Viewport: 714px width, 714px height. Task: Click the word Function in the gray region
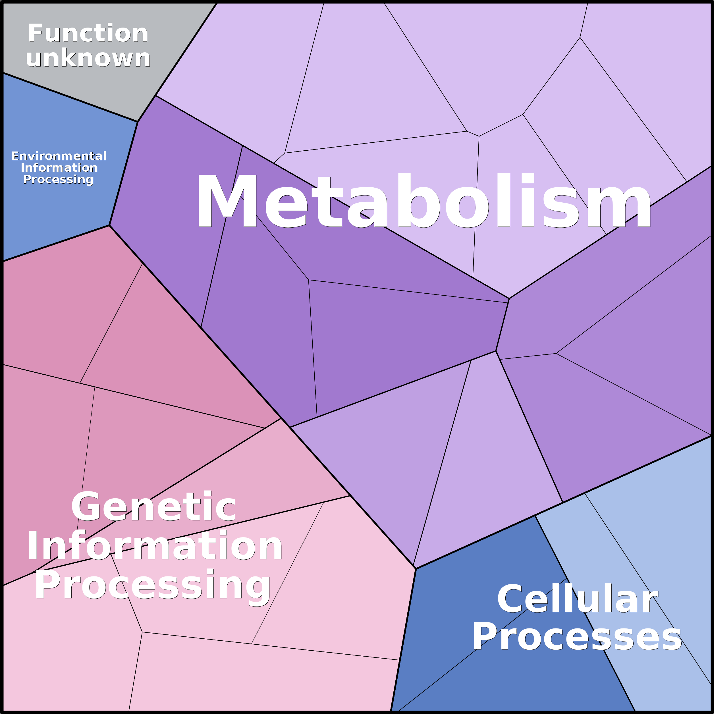88,33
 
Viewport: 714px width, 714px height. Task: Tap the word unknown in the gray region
88,58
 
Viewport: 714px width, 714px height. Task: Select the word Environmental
59,156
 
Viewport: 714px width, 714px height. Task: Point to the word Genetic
153,507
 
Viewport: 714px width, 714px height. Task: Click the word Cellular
577,599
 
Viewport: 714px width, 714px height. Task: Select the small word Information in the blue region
59,168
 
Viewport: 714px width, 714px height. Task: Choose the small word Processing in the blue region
58,180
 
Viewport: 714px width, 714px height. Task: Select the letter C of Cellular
511,599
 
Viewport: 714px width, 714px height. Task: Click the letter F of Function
36,33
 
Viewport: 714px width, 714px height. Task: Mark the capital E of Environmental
15,156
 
